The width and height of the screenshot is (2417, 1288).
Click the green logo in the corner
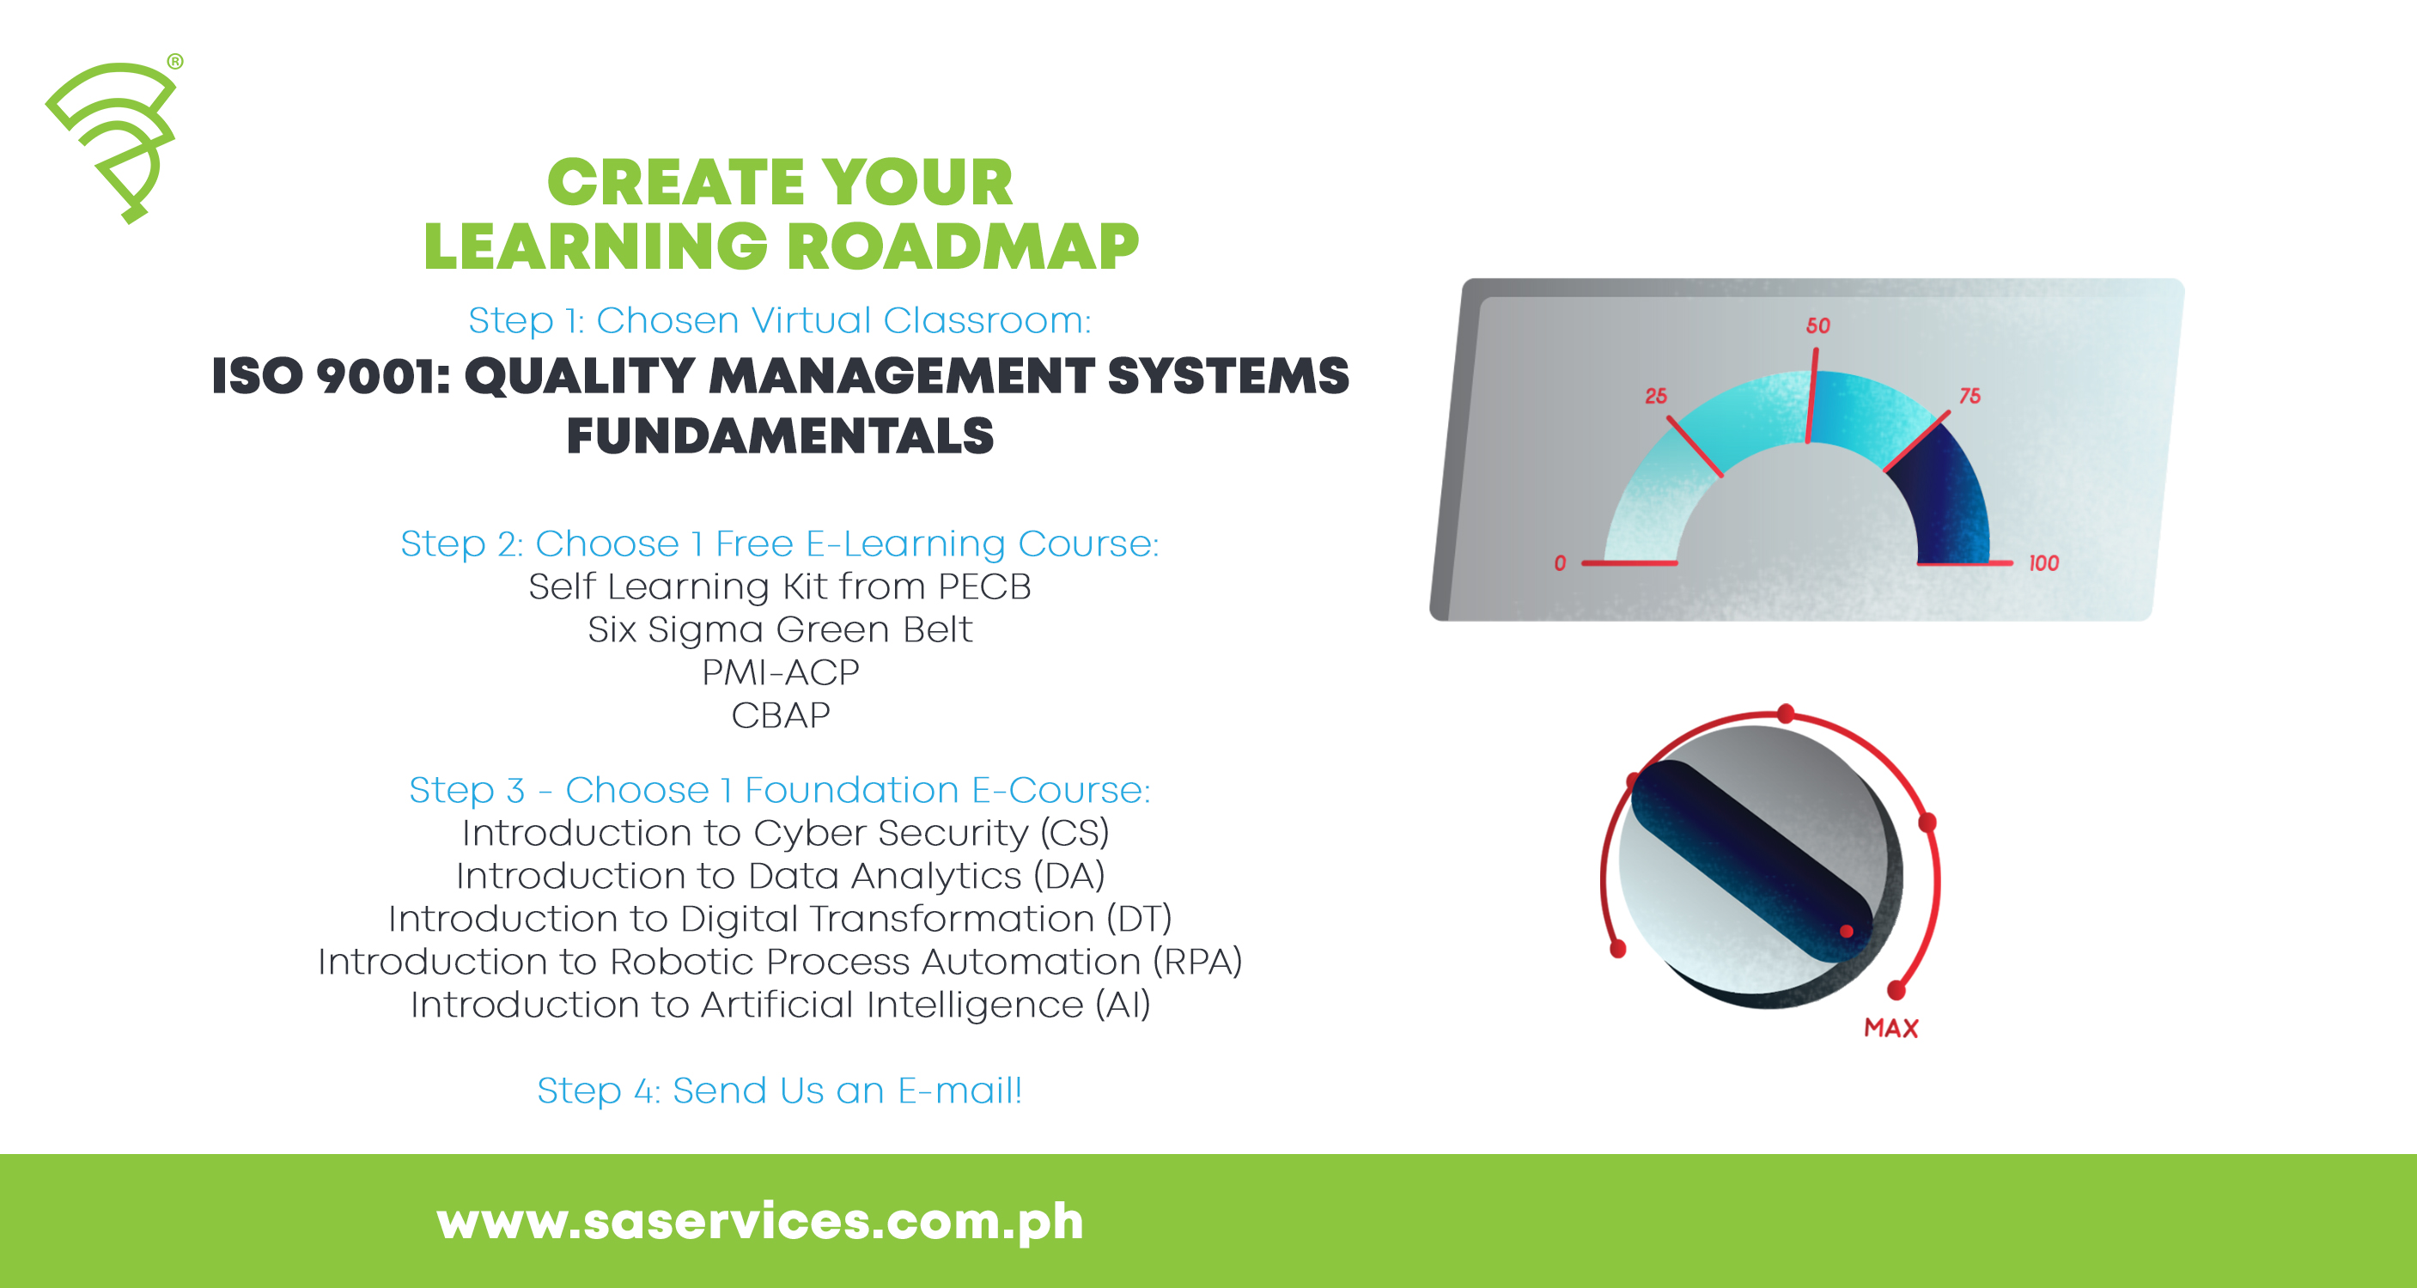click(114, 139)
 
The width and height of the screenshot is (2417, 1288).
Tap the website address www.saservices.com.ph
click(759, 1220)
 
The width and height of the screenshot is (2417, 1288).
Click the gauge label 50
click(1817, 325)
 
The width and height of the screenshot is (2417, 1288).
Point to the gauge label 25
click(1655, 396)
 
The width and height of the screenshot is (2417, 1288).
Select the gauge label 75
click(1970, 396)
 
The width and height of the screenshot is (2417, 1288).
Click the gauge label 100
click(2043, 562)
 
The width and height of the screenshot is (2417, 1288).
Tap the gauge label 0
click(1560, 562)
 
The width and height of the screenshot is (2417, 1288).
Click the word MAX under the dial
click(1890, 1028)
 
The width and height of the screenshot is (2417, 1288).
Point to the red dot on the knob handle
click(1846, 932)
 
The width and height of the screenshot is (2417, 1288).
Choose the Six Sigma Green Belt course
click(780, 629)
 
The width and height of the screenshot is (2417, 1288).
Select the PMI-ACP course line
click(780, 672)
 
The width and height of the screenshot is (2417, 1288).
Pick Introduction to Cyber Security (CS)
click(785, 833)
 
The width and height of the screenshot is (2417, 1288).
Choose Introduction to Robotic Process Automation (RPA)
click(780, 962)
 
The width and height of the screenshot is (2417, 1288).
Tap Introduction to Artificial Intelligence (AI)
click(780, 1005)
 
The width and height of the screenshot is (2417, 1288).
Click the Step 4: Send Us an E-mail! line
click(780, 1090)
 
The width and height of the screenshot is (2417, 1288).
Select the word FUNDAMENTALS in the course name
click(780, 436)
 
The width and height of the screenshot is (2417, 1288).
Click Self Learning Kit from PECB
click(780, 586)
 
